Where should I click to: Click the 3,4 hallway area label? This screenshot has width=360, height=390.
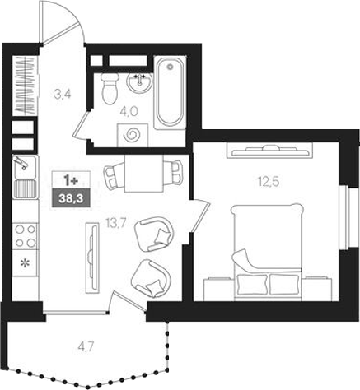tap(62, 94)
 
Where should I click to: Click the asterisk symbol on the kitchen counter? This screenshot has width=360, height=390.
tap(24, 264)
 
